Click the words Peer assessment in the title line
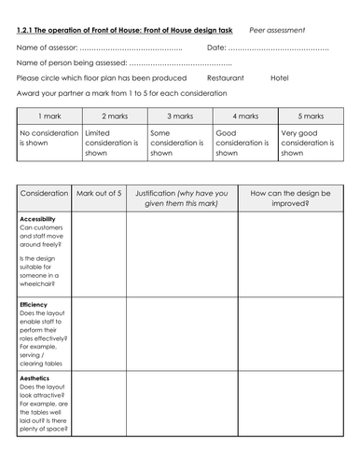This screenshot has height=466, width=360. click(x=277, y=30)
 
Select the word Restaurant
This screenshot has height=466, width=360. click(x=226, y=77)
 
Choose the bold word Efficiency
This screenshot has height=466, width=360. click(x=35, y=305)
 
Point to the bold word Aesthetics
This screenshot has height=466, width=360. click(x=35, y=380)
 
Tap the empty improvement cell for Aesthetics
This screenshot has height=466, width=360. click(x=290, y=415)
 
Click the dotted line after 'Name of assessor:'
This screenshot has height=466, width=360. click(x=130, y=46)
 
